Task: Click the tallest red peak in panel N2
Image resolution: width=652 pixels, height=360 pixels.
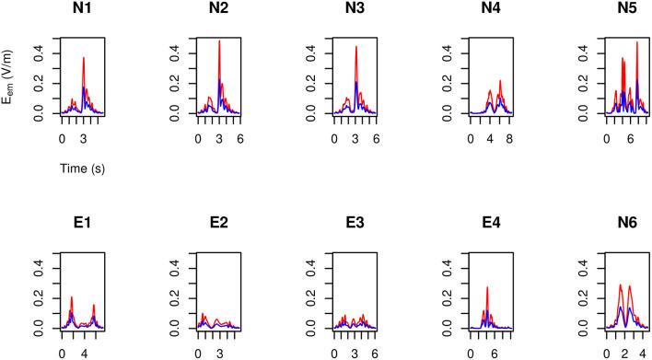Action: pos(219,41)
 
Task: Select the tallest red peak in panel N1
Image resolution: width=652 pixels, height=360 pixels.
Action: pos(84,58)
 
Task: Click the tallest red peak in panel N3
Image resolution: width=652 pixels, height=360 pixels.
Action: pos(356,47)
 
